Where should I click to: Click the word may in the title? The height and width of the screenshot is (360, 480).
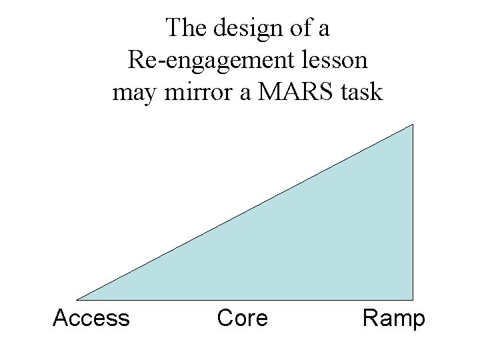point(132,93)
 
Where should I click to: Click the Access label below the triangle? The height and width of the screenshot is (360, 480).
point(91,318)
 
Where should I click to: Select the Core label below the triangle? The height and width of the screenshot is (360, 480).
point(242,318)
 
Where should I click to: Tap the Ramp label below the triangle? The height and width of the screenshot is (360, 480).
point(393,319)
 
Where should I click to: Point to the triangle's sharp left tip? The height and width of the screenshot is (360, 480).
point(79,299)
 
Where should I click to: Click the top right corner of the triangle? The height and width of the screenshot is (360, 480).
point(413,125)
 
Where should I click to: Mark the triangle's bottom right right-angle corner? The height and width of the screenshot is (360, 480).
point(413,299)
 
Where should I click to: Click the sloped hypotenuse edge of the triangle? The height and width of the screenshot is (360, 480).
point(245,212)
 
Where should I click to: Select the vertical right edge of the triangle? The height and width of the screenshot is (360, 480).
point(413,213)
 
